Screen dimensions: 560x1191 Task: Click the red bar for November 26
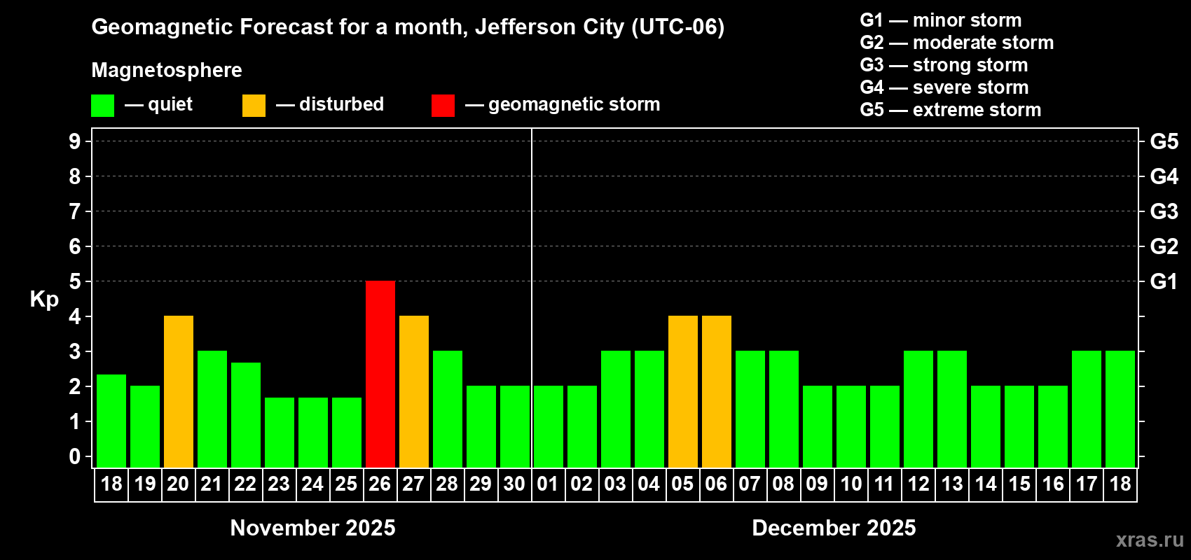pos(380,374)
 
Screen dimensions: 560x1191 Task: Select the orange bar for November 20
pos(179,391)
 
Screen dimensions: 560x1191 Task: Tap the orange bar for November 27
pos(414,391)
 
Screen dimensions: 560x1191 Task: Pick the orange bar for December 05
pos(683,391)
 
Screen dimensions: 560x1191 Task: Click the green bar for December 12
pos(918,409)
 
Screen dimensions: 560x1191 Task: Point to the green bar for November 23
pos(280,432)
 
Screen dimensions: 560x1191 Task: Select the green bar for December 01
pos(549,426)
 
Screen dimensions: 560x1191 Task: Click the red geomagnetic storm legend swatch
pos(443,106)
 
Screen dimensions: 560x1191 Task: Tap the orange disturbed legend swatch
pos(254,106)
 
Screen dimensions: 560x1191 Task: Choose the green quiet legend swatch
pos(102,106)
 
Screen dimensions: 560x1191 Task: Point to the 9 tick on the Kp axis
pos(75,141)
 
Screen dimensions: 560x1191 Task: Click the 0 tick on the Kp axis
pos(75,456)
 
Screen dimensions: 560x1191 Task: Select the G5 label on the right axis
pos(1164,141)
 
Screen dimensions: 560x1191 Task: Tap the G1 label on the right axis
pos(1164,281)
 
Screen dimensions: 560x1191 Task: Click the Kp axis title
pos(44,299)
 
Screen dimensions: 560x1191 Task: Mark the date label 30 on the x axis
pos(514,484)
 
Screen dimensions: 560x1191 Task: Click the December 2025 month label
pos(834,528)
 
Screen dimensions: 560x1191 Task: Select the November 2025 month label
pos(312,528)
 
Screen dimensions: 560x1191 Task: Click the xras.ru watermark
pos(1150,540)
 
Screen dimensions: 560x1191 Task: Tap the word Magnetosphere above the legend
pos(167,70)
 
